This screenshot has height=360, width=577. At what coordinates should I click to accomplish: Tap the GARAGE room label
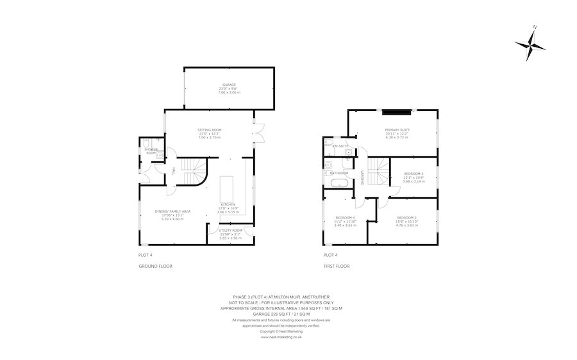pos(229,85)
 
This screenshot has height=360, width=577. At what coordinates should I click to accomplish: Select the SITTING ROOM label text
pos(209,130)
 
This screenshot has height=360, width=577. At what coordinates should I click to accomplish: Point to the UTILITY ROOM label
pos(230,230)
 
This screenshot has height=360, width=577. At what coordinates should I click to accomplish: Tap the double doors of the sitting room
pos(259,133)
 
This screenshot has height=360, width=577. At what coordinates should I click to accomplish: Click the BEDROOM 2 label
pos(406,218)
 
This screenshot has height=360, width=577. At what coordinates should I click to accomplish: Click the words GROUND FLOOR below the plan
pos(155,265)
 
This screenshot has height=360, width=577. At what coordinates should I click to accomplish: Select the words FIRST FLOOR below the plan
pos(337,265)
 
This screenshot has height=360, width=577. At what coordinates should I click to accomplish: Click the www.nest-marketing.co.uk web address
pos(281,337)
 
